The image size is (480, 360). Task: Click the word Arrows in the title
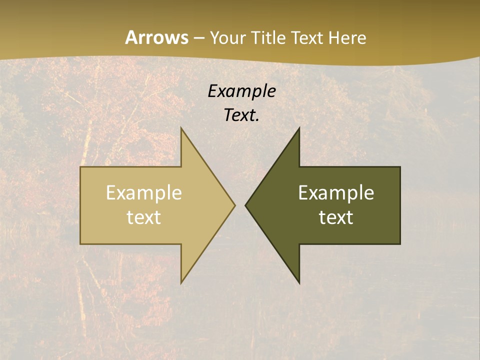(156, 37)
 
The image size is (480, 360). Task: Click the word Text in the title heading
(307, 37)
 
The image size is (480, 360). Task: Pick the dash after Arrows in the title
(198, 38)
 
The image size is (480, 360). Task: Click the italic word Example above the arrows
(241, 91)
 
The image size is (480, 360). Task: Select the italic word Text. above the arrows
(241, 115)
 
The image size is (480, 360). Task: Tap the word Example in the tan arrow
(144, 193)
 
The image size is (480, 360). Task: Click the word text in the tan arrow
(144, 217)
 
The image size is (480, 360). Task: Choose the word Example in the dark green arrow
(336, 193)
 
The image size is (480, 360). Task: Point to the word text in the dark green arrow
(336, 217)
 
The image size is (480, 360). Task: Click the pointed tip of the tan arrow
(234, 205)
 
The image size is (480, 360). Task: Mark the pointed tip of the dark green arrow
(245, 205)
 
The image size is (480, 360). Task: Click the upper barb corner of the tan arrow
(181, 128)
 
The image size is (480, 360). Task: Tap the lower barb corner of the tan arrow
(181, 283)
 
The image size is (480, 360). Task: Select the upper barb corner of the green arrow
(299, 128)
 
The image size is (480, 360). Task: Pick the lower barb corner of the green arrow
(299, 283)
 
